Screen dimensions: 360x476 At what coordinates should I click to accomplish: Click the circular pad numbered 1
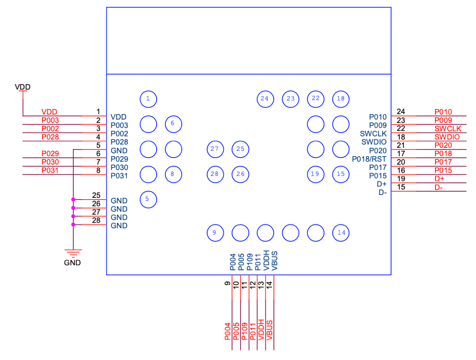click(148, 99)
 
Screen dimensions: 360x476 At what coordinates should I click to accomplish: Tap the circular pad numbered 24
click(265, 99)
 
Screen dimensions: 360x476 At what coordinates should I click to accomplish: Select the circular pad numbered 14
click(341, 232)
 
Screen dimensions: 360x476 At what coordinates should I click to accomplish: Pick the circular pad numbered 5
click(148, 199)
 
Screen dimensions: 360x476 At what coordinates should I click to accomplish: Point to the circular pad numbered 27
click(215, 149)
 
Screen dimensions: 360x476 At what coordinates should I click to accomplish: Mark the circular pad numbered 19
click(316, 174)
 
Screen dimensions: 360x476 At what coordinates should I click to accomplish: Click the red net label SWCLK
click(448, 128)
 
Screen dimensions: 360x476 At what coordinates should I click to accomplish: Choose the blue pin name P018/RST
click(369, 159)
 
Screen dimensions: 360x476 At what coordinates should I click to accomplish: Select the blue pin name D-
click(382, 192)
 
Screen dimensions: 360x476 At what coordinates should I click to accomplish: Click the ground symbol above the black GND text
click(73, 253)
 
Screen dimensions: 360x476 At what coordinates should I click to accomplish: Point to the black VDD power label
click(23, 87)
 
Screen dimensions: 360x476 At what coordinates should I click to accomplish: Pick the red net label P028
click(50, 137)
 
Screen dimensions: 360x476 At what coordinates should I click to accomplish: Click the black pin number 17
click(401, 154)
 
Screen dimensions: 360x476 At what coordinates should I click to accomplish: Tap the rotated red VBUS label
click(270, 330)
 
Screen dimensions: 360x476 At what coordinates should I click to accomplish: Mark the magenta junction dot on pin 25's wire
click(73, 200)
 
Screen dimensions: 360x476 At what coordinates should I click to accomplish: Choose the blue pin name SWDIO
click(374, 142)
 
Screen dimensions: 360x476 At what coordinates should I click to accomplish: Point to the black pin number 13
click(261, 284)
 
